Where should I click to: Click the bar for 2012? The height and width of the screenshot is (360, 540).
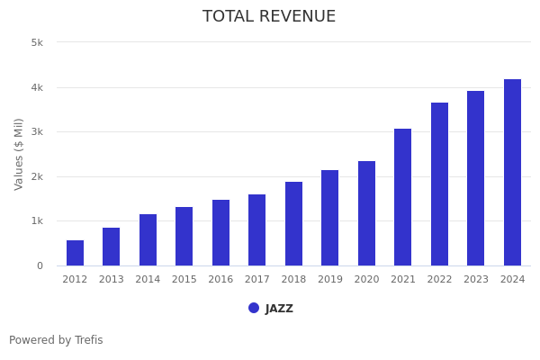75,253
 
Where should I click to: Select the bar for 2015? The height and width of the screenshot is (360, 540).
184,237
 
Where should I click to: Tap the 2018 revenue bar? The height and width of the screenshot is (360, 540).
293,224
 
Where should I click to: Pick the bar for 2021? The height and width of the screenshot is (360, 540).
402,197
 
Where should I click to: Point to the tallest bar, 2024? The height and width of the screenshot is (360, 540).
512,173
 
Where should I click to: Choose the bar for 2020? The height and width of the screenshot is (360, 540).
366,213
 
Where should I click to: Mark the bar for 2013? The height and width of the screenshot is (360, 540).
111,247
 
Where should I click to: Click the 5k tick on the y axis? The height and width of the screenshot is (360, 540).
37,42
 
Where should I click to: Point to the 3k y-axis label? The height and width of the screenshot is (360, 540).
37,132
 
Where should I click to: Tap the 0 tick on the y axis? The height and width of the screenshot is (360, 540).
40,265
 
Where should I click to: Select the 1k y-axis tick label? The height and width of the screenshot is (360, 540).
37,221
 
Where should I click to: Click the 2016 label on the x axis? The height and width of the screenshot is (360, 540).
220,280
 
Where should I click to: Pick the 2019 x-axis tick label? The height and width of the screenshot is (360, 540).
330,280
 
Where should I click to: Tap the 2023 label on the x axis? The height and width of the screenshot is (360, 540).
476,280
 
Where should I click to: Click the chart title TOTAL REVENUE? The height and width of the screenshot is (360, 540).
269,17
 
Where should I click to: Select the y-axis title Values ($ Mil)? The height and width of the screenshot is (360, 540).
20,154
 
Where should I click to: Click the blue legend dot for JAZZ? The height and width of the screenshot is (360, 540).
254,308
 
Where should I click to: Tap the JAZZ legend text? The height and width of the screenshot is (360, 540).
279,309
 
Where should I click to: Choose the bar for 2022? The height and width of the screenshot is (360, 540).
439,184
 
